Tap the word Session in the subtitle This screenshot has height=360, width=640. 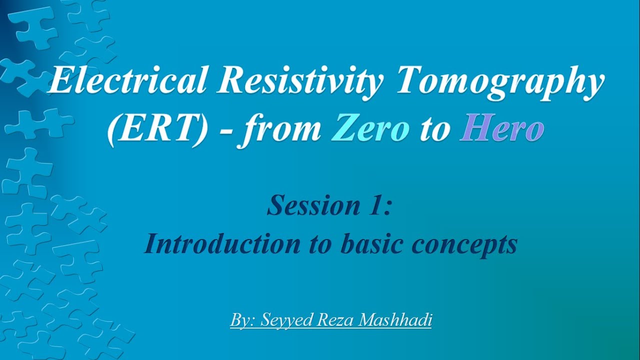pyautogui.click(x=305, y=205)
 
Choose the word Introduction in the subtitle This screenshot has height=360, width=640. pyautogui.click(x=218, y=244)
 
